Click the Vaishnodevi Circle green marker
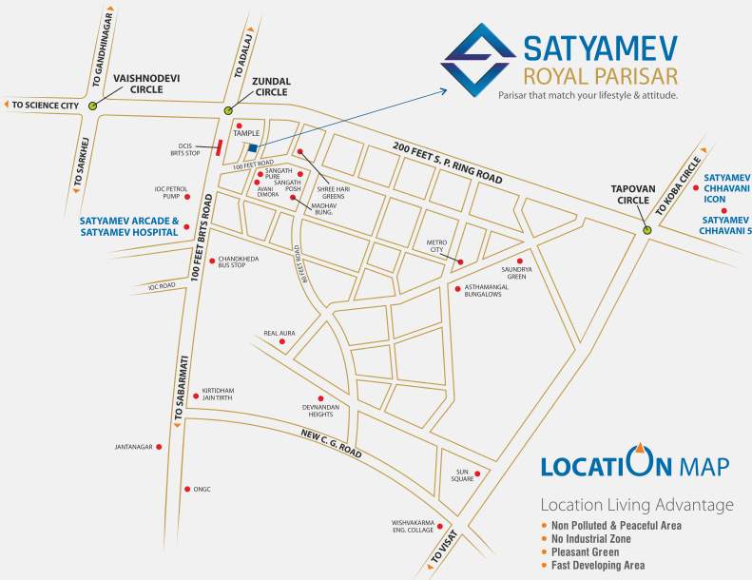tap(92, 106)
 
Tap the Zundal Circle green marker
tap(228, 111)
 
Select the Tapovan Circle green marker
tap(646, 229)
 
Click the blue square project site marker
tap(253, 148)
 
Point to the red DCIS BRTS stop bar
tap(220, 146)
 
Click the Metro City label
tap(436, 248)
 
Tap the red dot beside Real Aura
tap(281, 341)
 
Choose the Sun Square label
tap(463, 475)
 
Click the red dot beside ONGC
tap(186, 489)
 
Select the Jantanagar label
tap(133, 447)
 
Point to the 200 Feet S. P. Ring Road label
tap(447, 161)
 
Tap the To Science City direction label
tap(44, 106)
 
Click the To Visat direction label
tap(446, 547)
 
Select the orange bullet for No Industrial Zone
tap(545, 538)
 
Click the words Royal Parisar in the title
tap(589, 74)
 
